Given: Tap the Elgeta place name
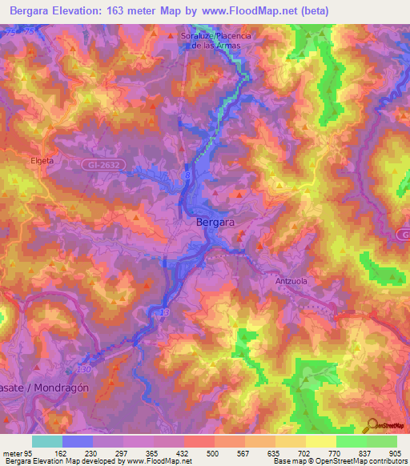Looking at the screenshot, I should pos(42,160).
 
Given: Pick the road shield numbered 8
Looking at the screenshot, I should pos(187,173).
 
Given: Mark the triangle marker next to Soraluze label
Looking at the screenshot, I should pos(170,37).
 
